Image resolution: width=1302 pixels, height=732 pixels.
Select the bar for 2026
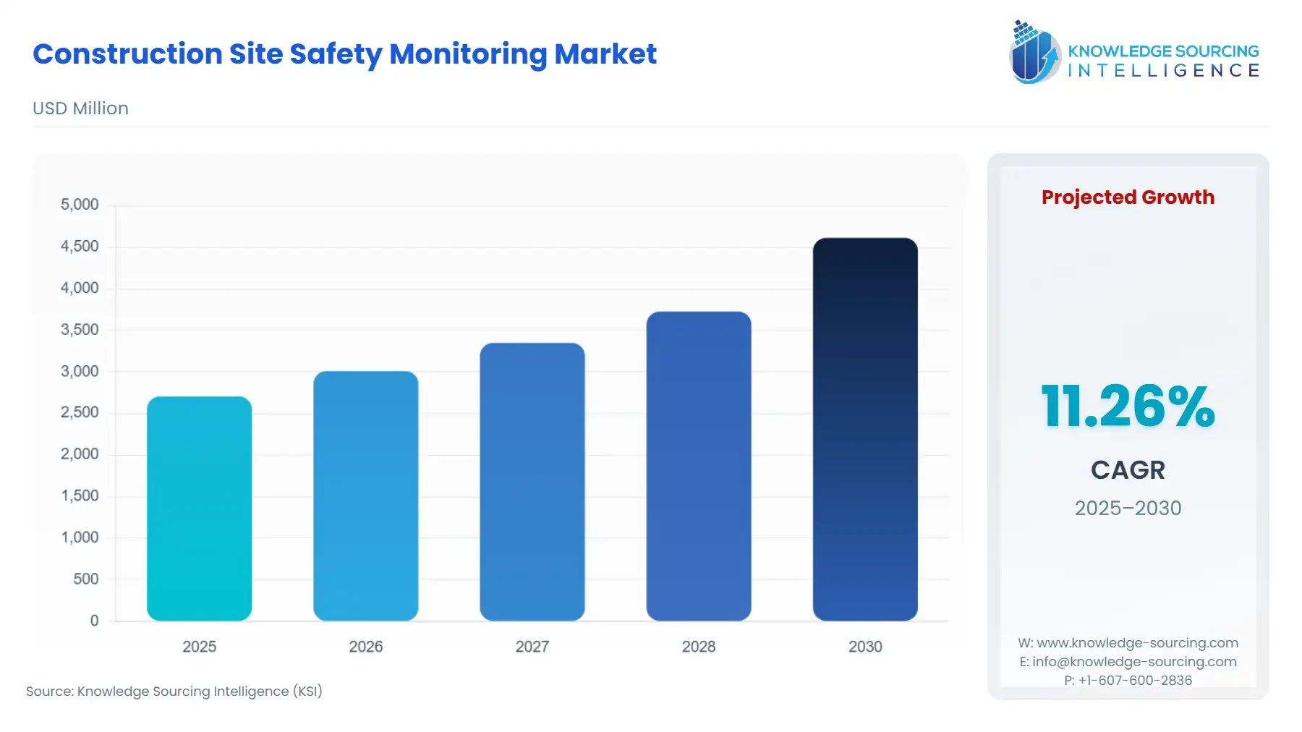point(365,496)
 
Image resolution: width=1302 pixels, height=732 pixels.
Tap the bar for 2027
point(532,482)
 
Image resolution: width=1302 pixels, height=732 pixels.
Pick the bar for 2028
point(698,467)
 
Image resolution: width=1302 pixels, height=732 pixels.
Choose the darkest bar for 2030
point(864,429)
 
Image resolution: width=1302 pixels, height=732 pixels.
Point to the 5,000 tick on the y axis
point(80,205)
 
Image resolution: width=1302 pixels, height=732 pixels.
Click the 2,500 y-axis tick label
point(80,412)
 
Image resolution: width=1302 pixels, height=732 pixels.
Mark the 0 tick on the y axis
point(94,621)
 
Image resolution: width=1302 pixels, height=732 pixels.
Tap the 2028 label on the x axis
point(698,647)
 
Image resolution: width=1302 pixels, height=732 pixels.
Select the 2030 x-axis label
point(864,647)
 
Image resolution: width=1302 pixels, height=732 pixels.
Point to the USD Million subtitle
point(80,108)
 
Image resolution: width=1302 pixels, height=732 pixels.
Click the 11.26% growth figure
point(1127,407)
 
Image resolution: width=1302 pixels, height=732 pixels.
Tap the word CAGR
point(1127,470)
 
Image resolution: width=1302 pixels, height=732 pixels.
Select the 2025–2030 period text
point(1127,508)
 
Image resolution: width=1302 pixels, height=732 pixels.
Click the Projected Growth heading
point(1127,197)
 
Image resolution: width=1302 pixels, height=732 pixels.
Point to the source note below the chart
point(174,691)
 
